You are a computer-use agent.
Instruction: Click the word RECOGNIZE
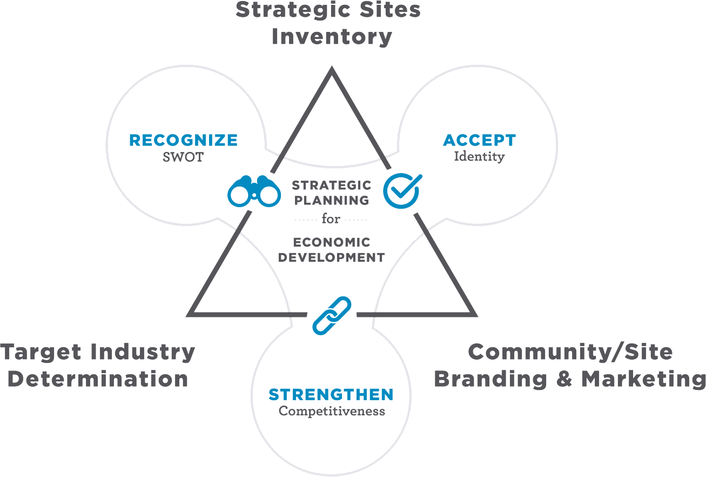click(184, 141)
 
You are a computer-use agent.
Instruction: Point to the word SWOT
click(183, 158)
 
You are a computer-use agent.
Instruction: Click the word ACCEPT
click(479, 141)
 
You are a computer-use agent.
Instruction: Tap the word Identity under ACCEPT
click(479, 157)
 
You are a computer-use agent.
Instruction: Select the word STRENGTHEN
click(331, 394)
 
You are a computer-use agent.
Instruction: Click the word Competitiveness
click(332, 411)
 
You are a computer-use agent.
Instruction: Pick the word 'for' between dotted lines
click(331, 220)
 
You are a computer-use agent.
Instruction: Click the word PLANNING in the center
click(331, 200)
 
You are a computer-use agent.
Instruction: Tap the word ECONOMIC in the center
click(331, 242)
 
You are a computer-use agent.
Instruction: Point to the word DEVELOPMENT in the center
click(331, 257)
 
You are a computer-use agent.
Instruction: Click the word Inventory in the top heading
click(332, 37)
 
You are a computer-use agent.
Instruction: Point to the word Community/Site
click(570, 352)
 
